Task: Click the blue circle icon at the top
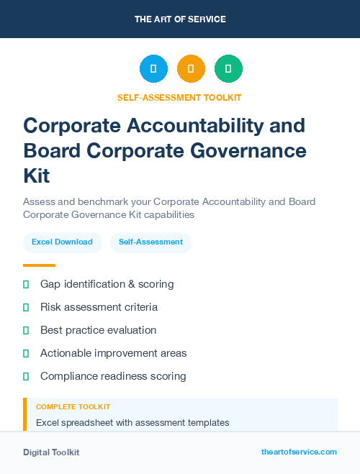(153, 69)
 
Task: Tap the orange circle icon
(191, 69)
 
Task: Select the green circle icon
(228, 69)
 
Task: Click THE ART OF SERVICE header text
(180, 19)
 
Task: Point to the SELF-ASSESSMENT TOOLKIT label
(179, 98)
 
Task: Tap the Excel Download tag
(62, 242)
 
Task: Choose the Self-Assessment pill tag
(151, 242)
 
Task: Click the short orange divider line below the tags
(39, 265)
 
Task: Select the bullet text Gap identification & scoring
(107, 284)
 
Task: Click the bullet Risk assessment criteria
(99, 307)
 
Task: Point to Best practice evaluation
(98, 330)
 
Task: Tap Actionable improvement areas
(113, 353)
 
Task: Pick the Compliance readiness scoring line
(113, 376)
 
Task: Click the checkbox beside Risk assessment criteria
(26, 307)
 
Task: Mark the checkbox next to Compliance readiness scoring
(26, 376)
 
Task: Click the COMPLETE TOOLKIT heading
(73, 407)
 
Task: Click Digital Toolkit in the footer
(51, 452)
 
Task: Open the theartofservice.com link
(299, 452)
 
